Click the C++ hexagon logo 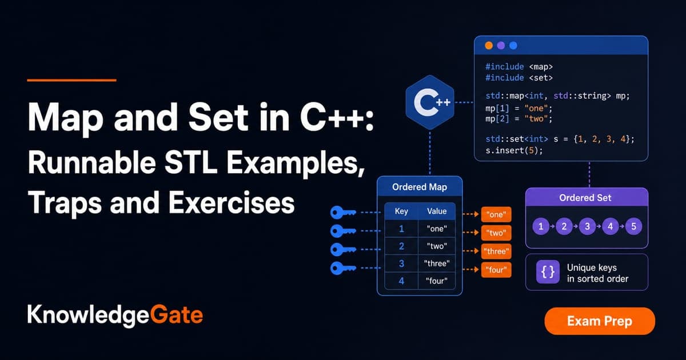430,102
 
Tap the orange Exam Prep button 600,321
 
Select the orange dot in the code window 489,46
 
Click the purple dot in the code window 501,46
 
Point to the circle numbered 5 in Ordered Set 633,226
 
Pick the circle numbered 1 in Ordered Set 541,226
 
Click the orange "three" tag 496,251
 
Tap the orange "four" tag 496,270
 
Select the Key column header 401,211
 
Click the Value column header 437,211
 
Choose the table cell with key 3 401,263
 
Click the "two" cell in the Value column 437,246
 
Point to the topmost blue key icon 343,212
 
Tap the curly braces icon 548,272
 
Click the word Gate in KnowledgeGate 177,315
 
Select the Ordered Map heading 420,187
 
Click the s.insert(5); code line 514,151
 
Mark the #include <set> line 519,78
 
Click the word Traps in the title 65,203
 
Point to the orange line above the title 71,80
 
